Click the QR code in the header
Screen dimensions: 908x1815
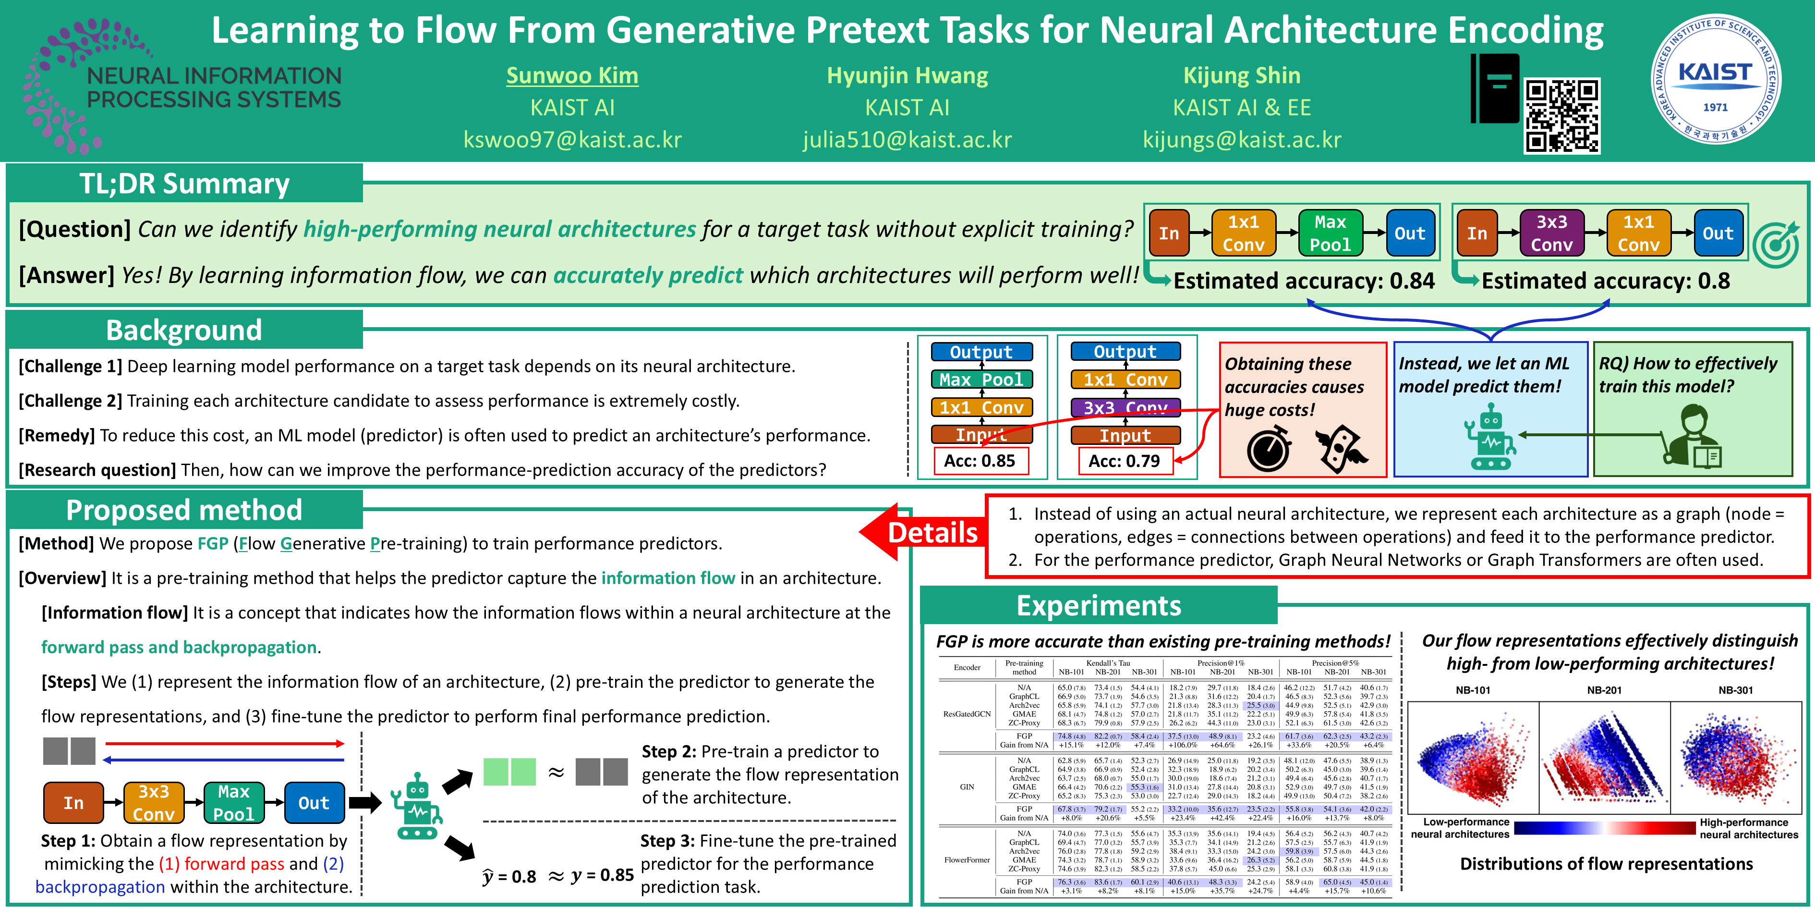pos(1561,115)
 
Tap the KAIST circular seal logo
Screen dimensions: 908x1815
pos(1715,79)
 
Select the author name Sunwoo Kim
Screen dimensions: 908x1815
pos(572,75)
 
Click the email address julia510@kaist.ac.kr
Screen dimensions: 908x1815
pos(907,140)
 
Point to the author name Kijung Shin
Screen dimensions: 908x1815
pos(1242,75)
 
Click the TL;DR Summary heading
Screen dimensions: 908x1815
pos(184,184)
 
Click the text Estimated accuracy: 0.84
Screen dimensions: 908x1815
pos(1304,281)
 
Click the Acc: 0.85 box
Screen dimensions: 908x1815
pos(980,461)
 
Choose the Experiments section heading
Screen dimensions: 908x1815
pos(1099,605)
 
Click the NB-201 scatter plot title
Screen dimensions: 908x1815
pos(1604,690)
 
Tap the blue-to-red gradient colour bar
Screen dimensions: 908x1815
pos(1604,828)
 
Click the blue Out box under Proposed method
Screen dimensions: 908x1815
pos(314,803)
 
